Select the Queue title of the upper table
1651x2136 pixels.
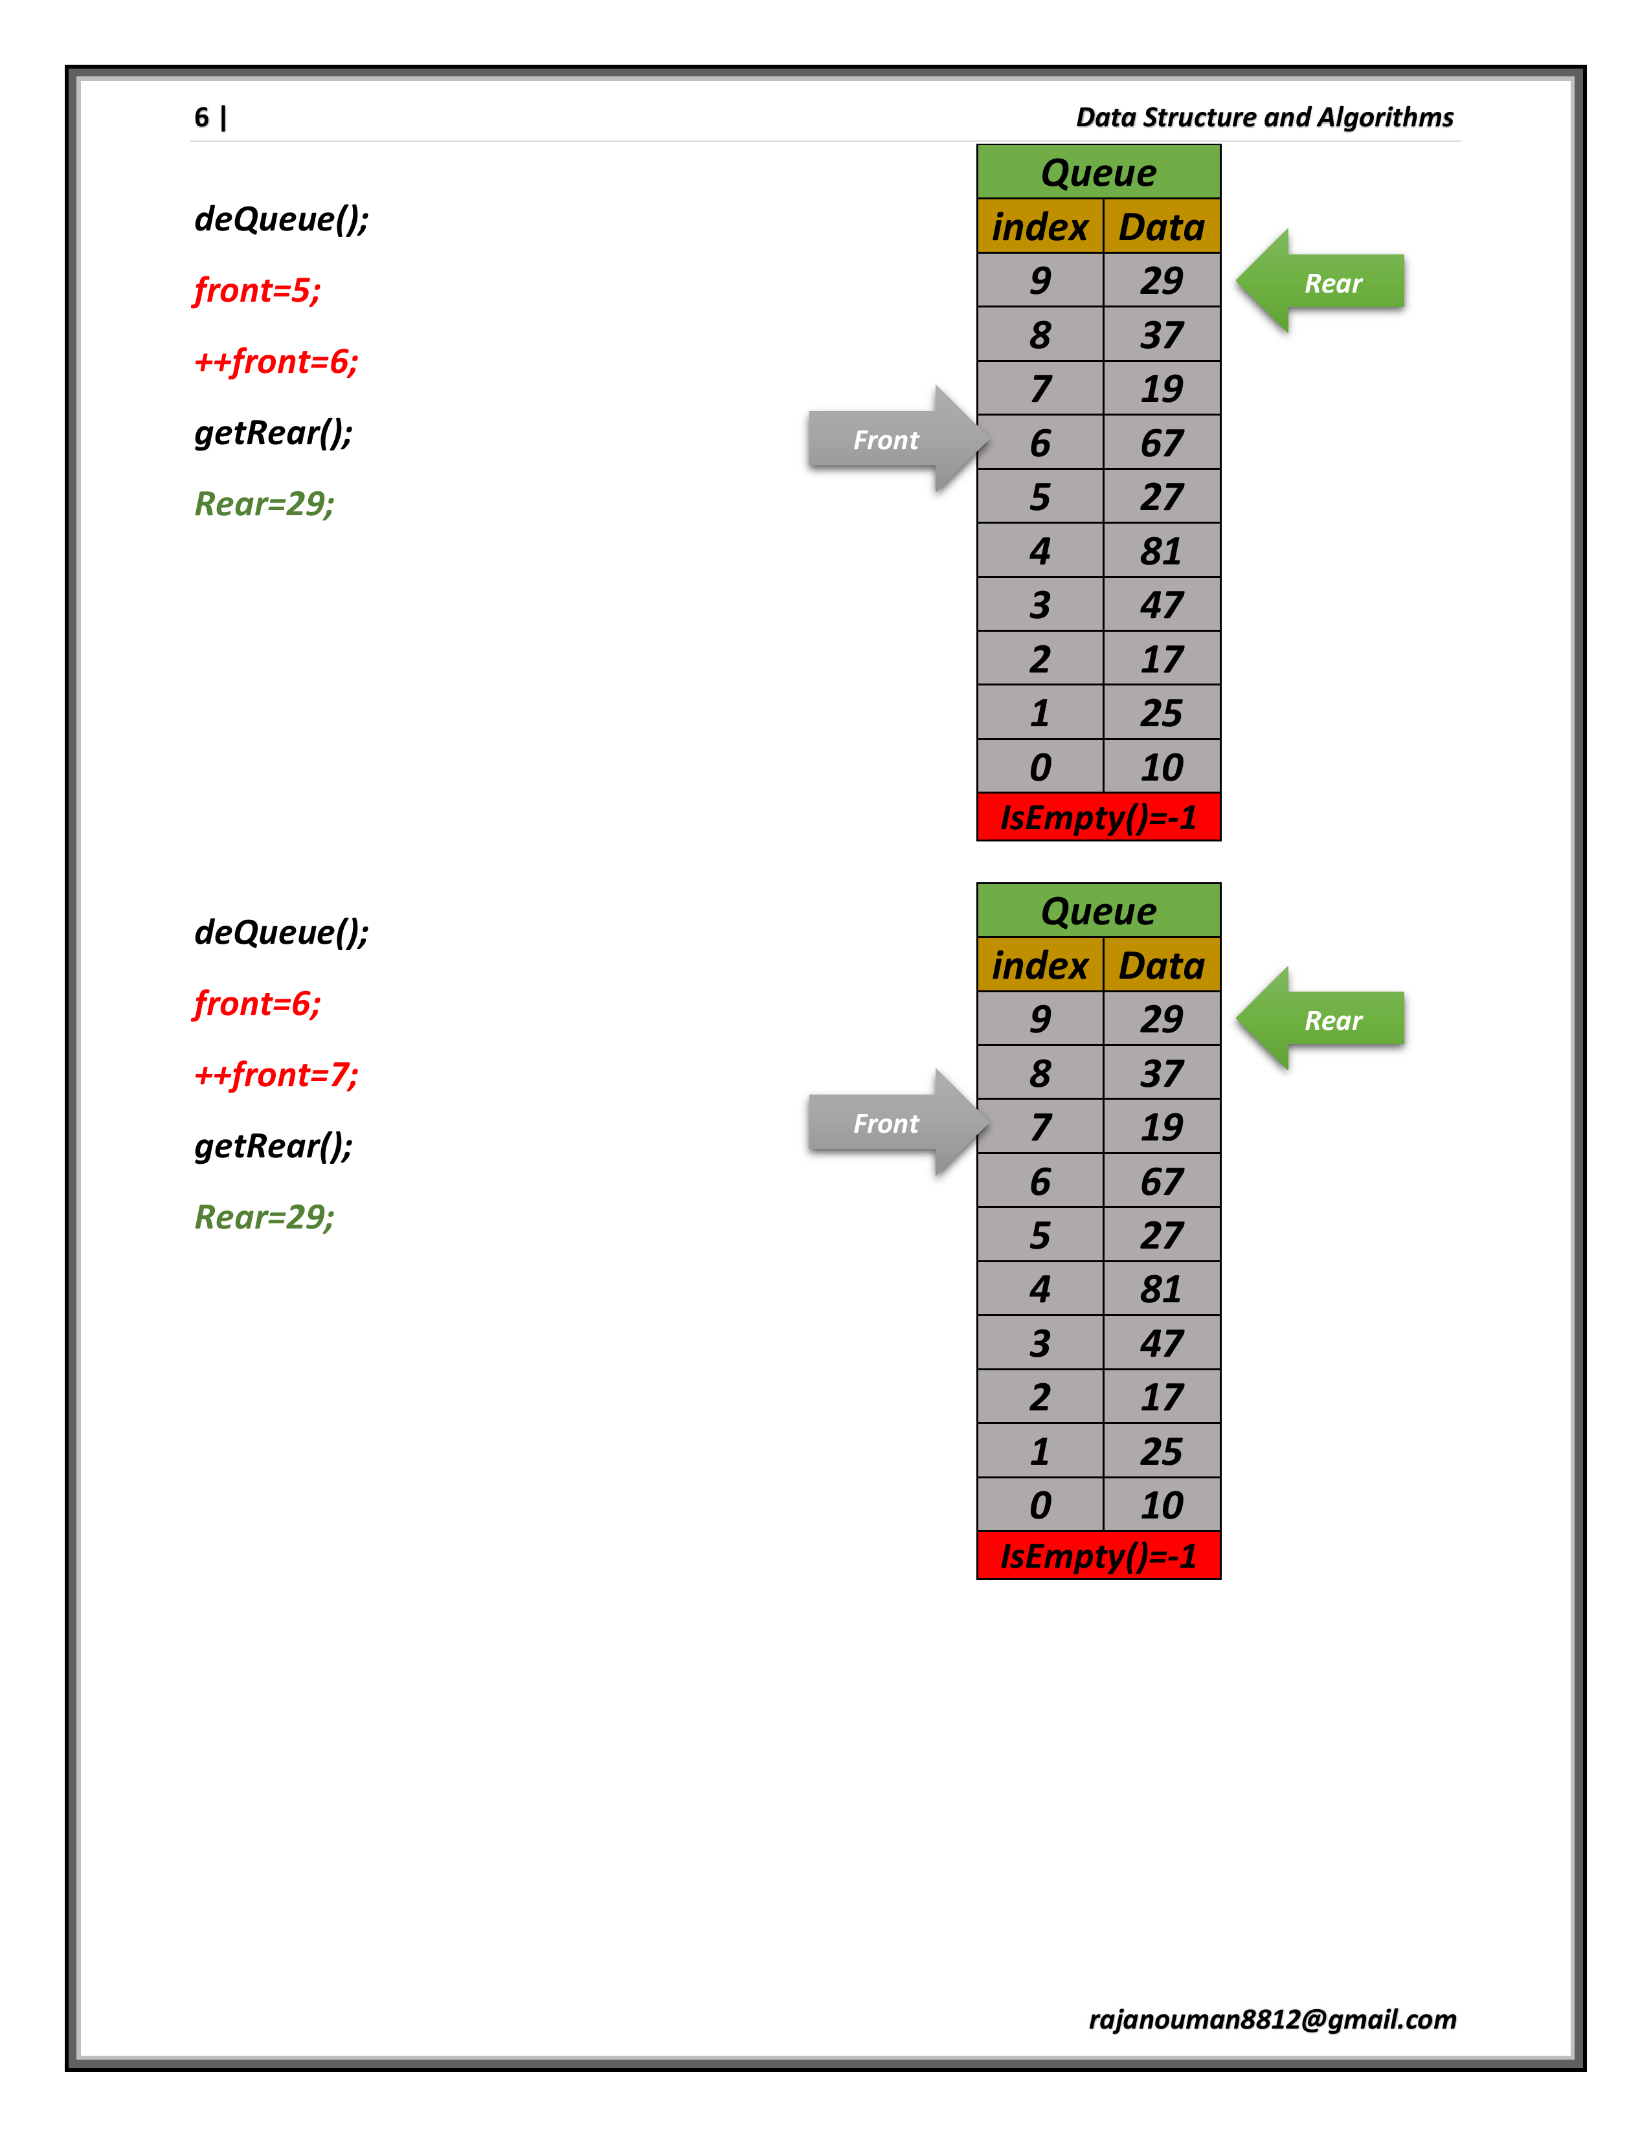point(1098,172)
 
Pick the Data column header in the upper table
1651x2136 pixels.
point(1161,227)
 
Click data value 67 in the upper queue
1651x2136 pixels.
point(1161,443)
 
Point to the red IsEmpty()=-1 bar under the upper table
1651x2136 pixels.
point(1098,817)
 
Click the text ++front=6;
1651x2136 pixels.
point(276,362)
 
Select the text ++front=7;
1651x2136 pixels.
point(276,1075)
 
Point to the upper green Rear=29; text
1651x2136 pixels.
point(264,504)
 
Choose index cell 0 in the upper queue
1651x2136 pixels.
point(1040,767)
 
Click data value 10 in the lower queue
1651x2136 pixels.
point(1161,1505)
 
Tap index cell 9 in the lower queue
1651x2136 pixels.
point(1040,1019)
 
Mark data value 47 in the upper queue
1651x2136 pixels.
point(1161,605)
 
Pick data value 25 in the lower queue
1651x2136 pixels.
point(1161,1451)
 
